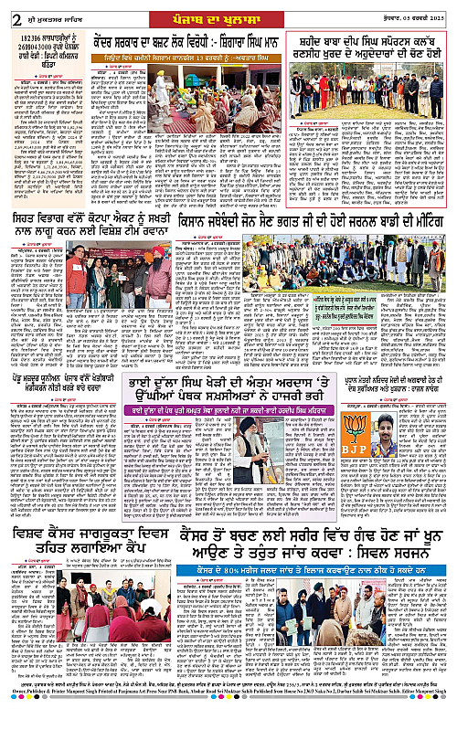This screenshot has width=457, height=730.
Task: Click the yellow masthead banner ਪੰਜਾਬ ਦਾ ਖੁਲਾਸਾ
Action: (228, 10)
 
